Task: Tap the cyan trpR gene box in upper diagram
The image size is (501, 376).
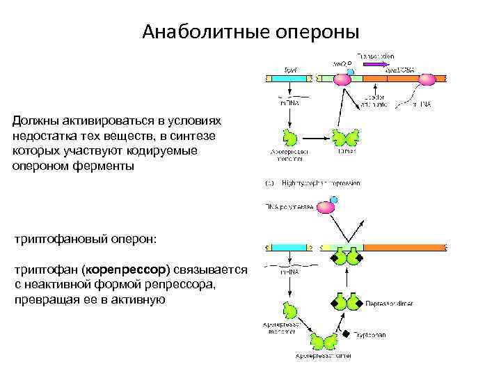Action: point(289,79)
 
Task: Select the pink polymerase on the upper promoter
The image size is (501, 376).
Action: point(342,79)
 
